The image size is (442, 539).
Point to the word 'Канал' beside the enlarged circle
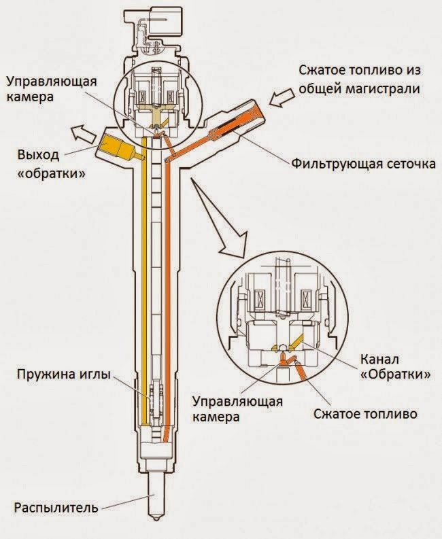point(378,359)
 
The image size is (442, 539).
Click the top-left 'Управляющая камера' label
point(51,88)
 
